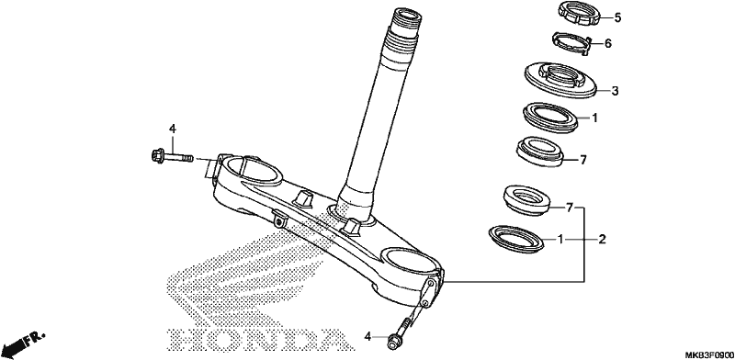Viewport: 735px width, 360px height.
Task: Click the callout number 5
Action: pos(617,18)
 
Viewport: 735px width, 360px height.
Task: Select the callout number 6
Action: pos(608,43)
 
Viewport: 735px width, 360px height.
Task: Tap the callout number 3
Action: pos(615,91)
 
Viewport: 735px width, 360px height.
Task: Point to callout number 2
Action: pos(603,240)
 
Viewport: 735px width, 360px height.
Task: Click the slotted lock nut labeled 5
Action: pos(579,13)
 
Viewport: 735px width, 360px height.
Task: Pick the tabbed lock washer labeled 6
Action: pos(571,43)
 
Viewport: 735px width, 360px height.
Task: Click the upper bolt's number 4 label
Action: pos(172,129)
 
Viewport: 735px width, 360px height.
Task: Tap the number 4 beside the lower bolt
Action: pos(368,336)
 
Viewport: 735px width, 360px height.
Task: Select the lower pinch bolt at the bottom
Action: pos(402,333)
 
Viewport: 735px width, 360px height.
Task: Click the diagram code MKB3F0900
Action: pos(709,354)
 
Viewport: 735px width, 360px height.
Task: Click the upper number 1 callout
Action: pos(594,118)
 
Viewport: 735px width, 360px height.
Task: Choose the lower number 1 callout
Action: pos(560,240)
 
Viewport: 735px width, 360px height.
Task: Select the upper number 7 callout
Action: pos(583,161)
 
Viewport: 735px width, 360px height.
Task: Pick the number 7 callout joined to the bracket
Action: pos(570,208)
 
